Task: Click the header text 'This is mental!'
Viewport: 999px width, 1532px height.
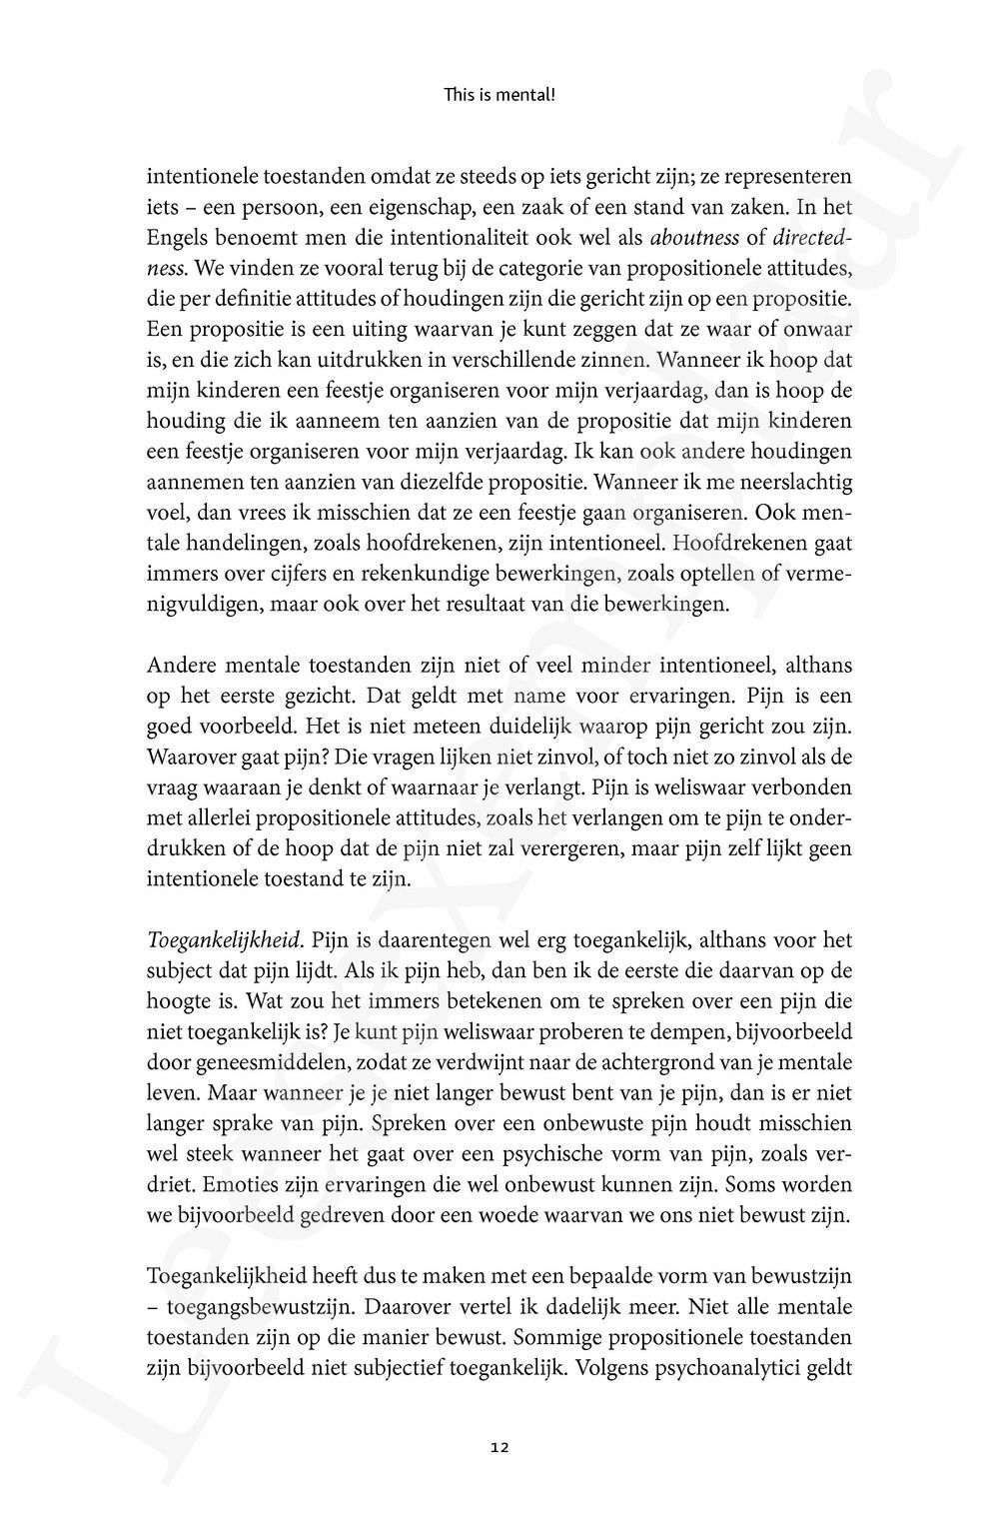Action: [499, 97]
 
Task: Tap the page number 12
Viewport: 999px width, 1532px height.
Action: [499, 1446]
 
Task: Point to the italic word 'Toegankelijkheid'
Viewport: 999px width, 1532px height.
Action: [224, 940]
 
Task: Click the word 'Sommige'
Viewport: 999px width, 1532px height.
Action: [551, 1337]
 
